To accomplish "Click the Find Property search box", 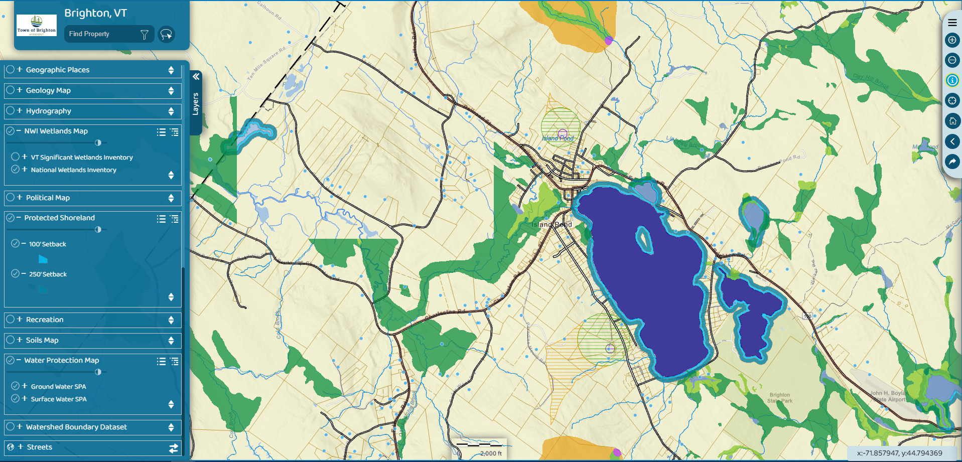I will pos(103,34).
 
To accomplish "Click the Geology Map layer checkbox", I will pos(11,90).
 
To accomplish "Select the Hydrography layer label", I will pos(48,111).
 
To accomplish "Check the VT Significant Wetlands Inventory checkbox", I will pos(16,157).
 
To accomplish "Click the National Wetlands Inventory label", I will pos(73,170).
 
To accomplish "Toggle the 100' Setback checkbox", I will pos(16,244).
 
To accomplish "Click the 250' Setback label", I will pos(48,274).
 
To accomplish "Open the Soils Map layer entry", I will pos(42,340).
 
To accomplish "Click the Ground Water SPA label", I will pos(58,387).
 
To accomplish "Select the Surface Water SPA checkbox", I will pos(16,399).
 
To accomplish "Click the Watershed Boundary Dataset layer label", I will pos(76,427).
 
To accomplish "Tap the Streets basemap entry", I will pos(39,447).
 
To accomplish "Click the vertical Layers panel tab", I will pos(196,103).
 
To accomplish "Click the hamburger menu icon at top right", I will pos(952,23).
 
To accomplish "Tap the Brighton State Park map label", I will pos(780,398).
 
